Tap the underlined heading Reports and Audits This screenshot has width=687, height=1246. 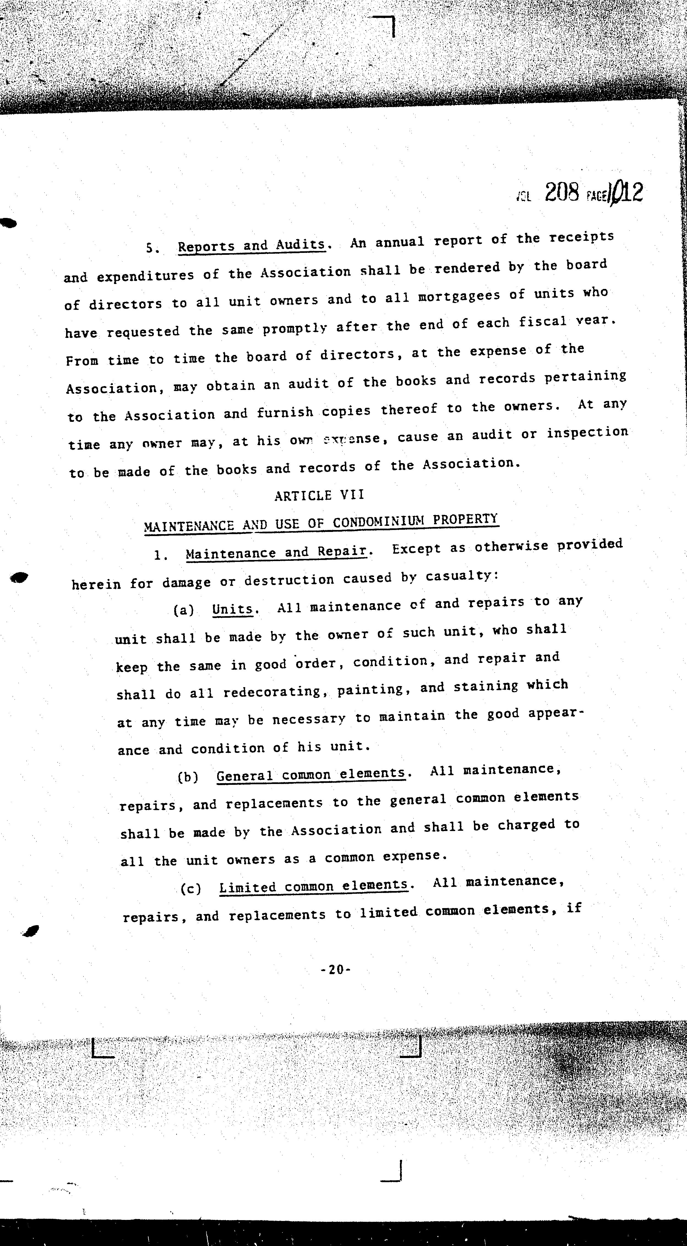[x=252, y=245]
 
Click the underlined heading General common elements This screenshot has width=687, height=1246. [x=310, y=774]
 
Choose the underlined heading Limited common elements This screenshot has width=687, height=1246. [x=313, y=886]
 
